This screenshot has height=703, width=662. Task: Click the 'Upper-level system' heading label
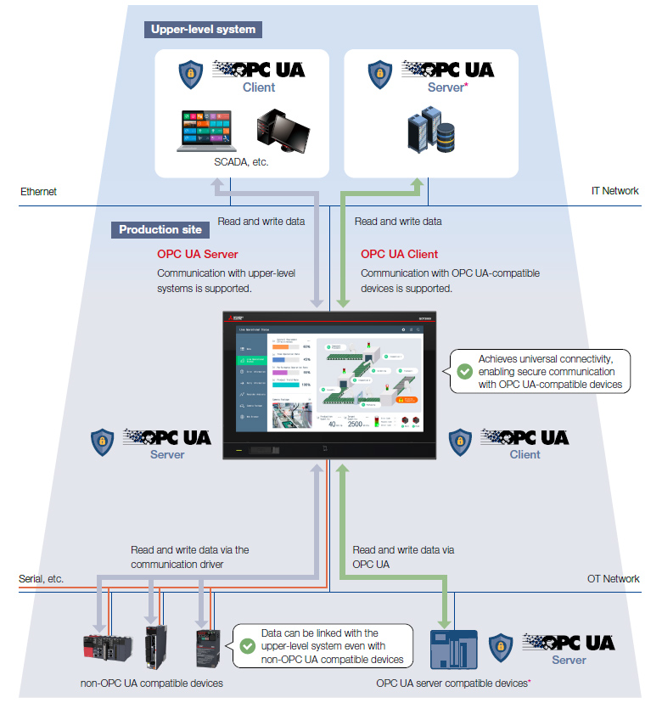pos(203,29)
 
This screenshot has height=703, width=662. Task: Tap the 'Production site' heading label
pos(160,229)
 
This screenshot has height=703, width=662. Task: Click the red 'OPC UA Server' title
pos(198,254)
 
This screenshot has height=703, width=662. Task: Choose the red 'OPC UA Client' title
pos(400,254)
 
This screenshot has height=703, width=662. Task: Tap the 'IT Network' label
pos(614,191)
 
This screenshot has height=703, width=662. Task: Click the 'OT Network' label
pos(613,578)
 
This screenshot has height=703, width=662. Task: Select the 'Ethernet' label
pos(38,191)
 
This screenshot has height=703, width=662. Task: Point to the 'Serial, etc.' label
pos(41,578)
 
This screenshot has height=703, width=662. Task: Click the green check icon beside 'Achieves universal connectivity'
pos(464,371)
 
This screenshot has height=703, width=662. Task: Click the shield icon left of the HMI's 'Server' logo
pos(103,441)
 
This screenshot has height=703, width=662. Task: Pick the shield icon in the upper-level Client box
pos(190,74)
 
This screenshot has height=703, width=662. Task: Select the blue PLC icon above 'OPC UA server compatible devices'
pos(449,650)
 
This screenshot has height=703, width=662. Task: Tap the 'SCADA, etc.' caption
pos(242,161)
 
